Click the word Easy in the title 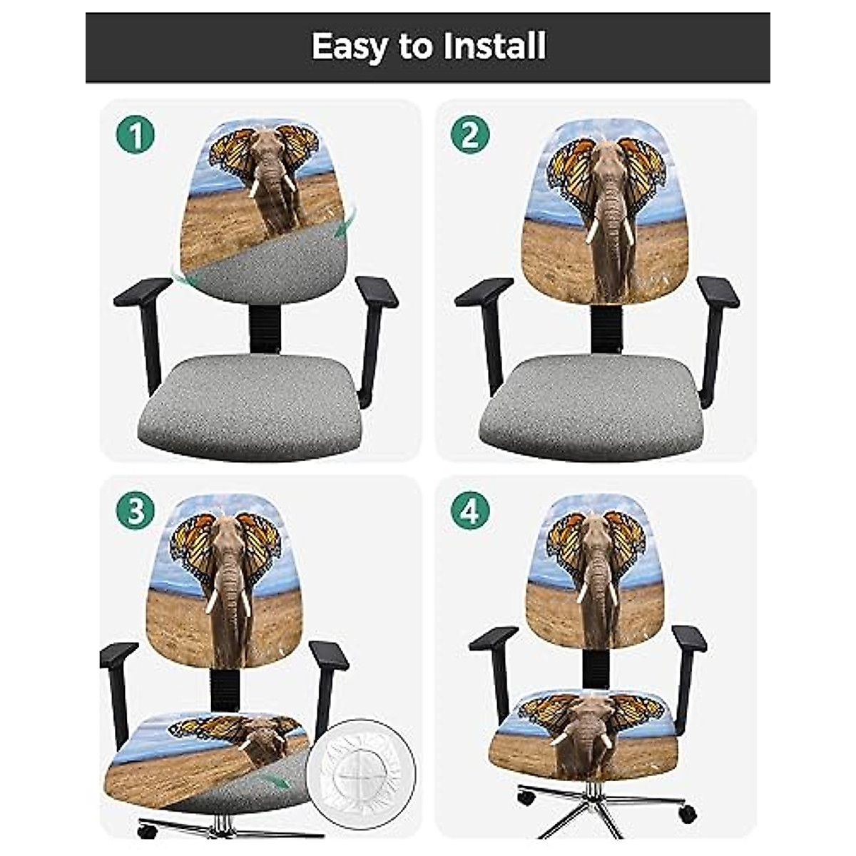tap(350, 47)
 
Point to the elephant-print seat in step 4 tap(581, 735)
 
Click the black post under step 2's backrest tap(606, 328)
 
